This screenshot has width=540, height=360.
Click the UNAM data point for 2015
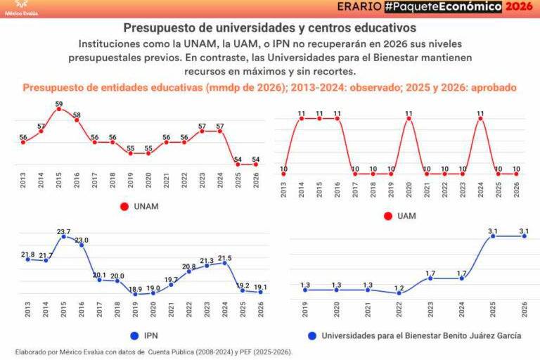pos(59,109)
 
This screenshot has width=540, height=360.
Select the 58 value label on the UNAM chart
pos(77,115)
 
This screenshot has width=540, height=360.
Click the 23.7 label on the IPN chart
pos(63,231)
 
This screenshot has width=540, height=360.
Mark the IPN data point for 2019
pos(136,294)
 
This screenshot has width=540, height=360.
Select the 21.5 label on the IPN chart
pos(224,257)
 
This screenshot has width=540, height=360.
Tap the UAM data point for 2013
pos(283,174)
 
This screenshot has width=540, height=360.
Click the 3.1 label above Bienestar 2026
pos(524,231)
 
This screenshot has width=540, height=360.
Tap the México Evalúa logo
pos(22,8)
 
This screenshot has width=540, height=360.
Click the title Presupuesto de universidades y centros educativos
pos(269,27)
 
